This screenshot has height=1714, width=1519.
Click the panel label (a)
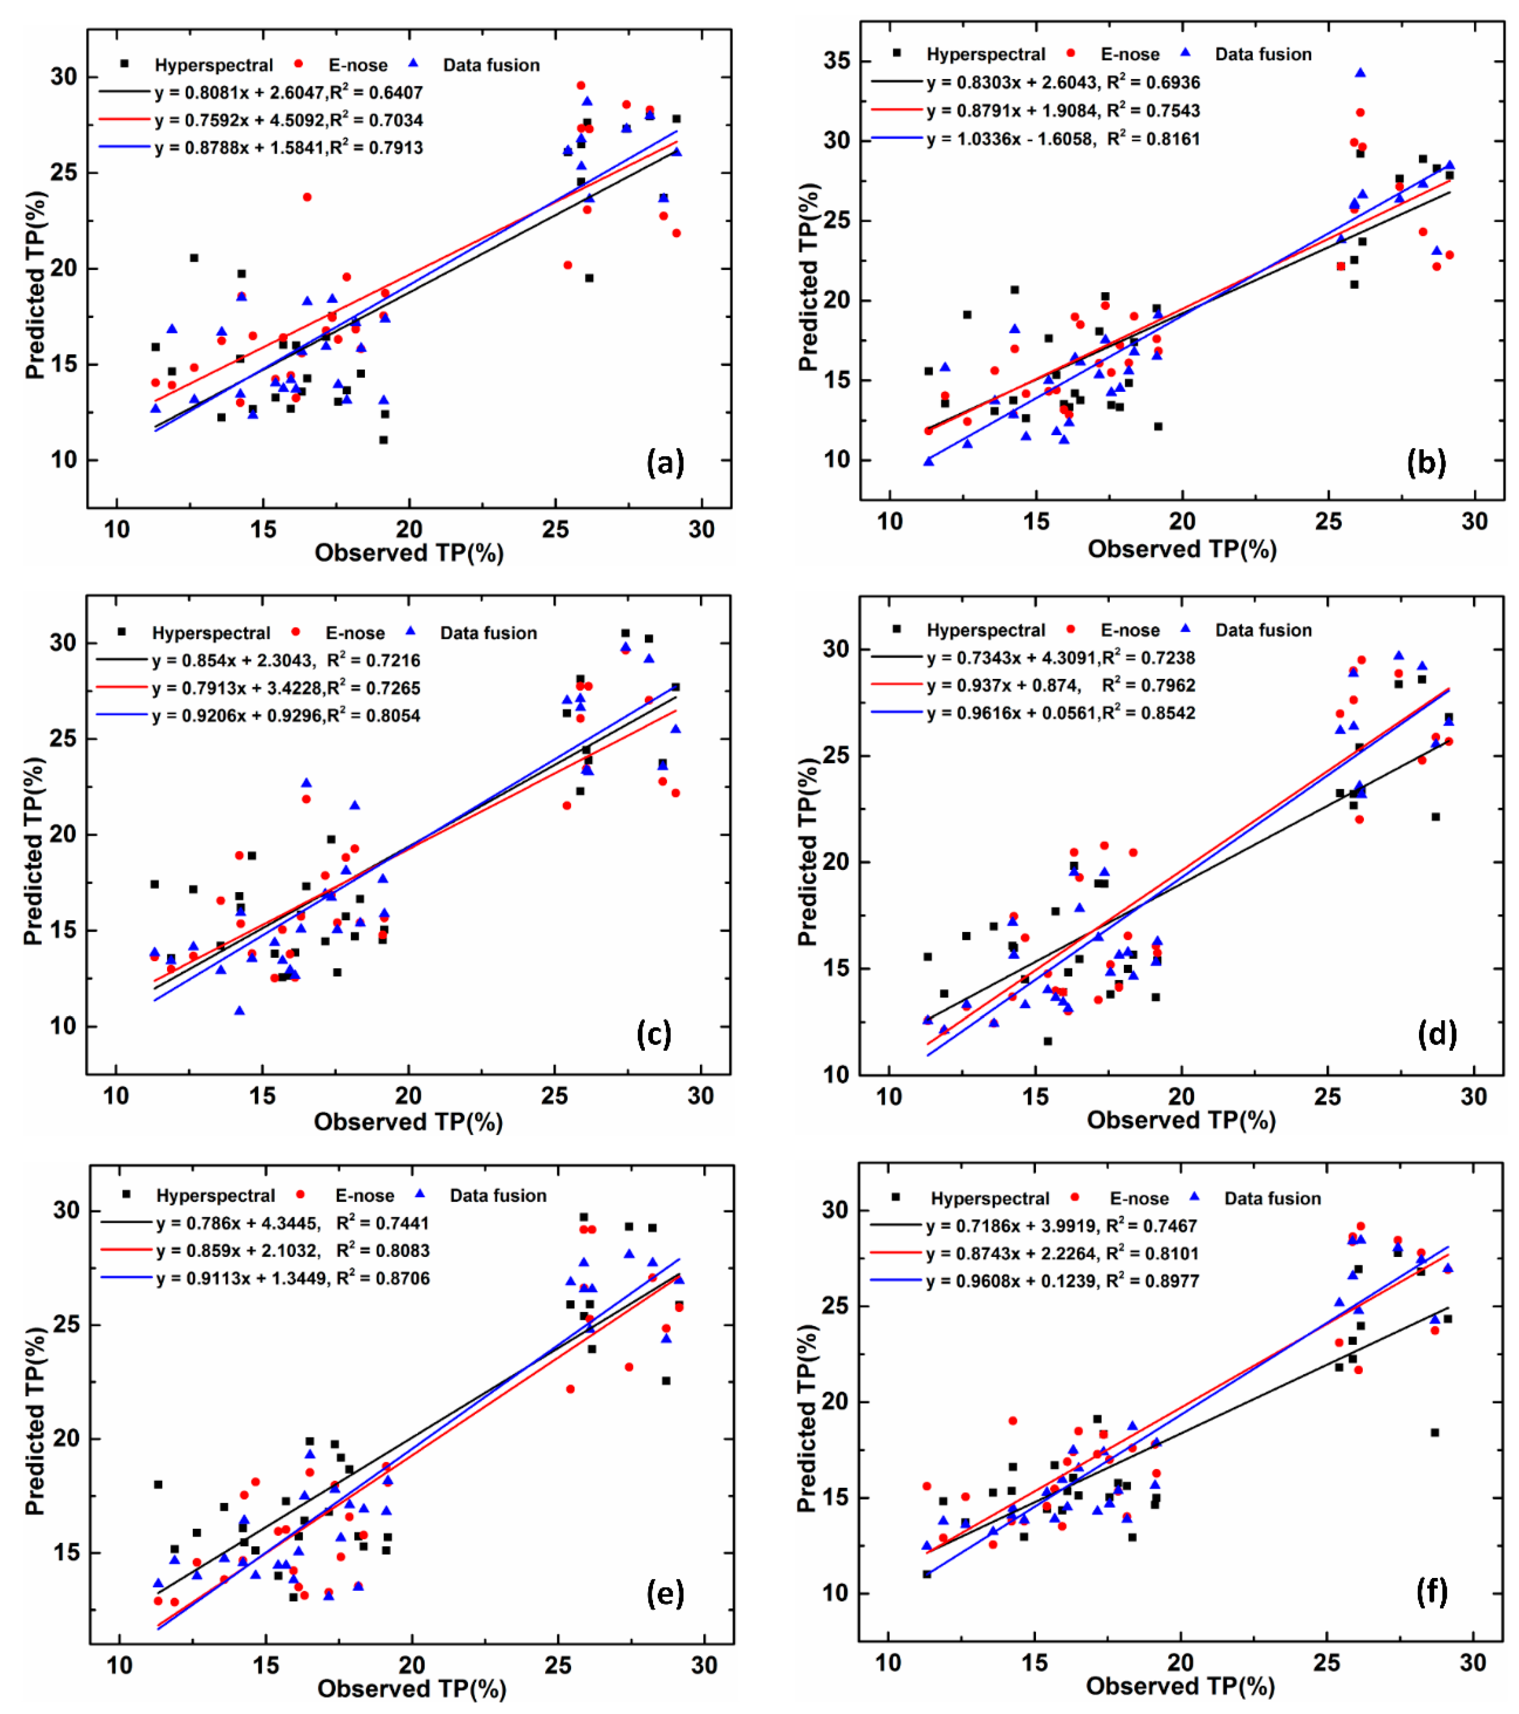tap(664, 462)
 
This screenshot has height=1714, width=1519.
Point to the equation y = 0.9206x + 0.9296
tap(285, 715)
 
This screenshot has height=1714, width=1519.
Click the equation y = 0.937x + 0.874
tap(1061, 685)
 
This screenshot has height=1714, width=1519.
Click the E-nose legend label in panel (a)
tap(357, 65)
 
